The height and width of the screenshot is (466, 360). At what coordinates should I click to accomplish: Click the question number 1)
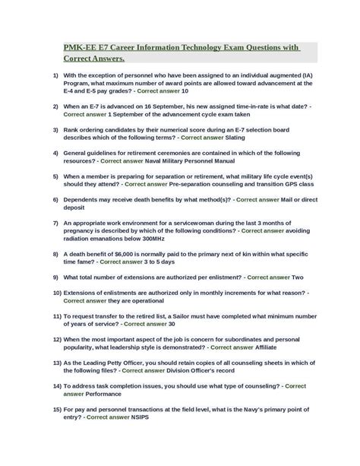(x=55, y=76)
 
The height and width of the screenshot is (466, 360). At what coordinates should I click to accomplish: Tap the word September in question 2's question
(x=174, y=107)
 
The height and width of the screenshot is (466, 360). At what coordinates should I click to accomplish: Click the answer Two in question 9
(x=298, y=277)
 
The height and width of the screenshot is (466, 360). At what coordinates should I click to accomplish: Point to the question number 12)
(x=57, y=340)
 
